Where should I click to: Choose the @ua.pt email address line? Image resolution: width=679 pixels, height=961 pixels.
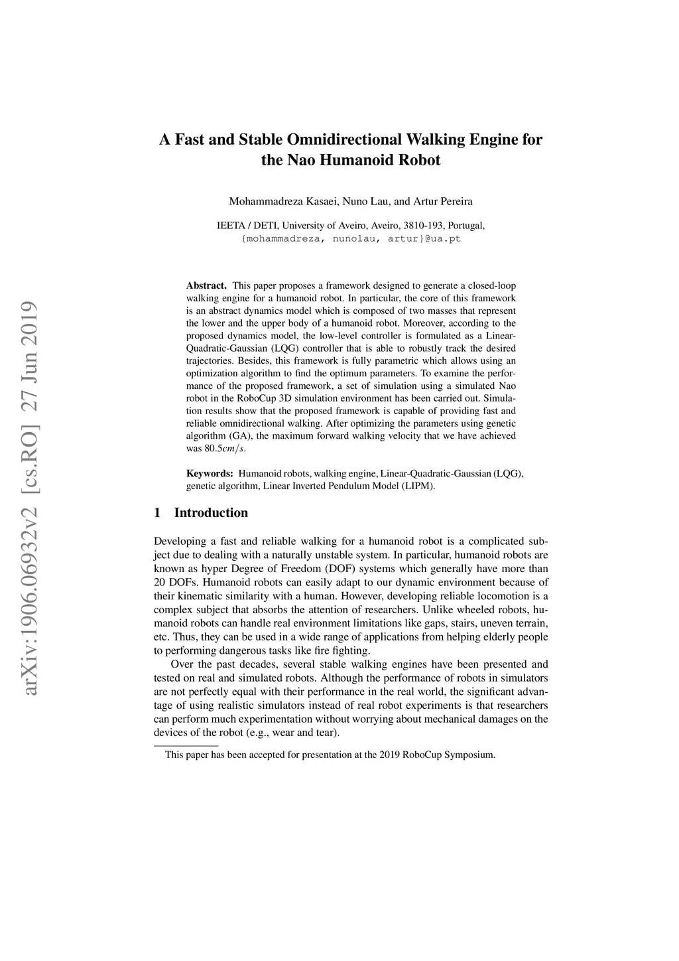click(x=351, y=238)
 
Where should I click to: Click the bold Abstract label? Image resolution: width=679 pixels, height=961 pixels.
click(x=206, y=285)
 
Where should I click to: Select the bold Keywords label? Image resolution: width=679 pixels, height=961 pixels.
click(x=210, y=474)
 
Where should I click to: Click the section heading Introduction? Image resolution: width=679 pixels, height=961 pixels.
click(x=211, y=512)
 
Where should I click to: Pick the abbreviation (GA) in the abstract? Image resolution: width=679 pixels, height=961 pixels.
click(x=239, y=436)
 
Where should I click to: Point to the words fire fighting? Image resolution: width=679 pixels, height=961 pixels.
click(x=346, y=651)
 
